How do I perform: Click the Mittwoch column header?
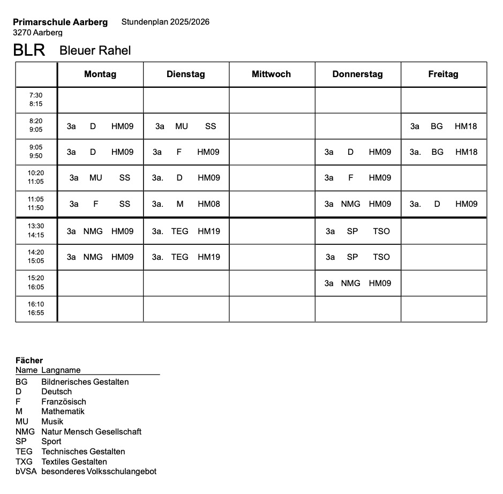pos(271,74)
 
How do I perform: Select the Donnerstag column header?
pos(357,74)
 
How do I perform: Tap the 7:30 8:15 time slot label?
pos(36,100)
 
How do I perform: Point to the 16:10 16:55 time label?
pos(36,309)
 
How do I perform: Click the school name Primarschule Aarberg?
pos(60,22)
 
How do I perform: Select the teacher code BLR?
pos(29,50)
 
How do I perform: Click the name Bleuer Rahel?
pos(95,50)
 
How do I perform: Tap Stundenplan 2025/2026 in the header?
pos(165,22)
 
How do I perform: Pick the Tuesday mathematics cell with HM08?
pos(186,204)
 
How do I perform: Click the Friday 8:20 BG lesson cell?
pos(443,126)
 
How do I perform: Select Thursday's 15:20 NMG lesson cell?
pos(357,283)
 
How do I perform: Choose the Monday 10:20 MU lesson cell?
pos(100,178)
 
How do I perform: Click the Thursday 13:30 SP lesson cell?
pos(357,231)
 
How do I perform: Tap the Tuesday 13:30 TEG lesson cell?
pos(186,231)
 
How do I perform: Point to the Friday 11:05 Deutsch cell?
pos(443,204)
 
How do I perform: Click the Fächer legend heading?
pos(29,361)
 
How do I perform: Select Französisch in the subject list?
pos(63,401)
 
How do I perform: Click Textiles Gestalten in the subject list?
pos(74,461)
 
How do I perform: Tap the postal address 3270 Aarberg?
pos(37,33)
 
